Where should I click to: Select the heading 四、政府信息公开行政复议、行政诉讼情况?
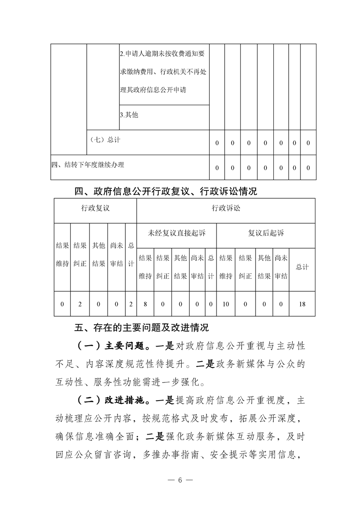(x=166, y=191)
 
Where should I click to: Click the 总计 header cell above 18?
(x=302, y=267)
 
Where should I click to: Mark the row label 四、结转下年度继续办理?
(x=88, y=165)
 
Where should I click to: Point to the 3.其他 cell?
(x=129, y=115)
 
